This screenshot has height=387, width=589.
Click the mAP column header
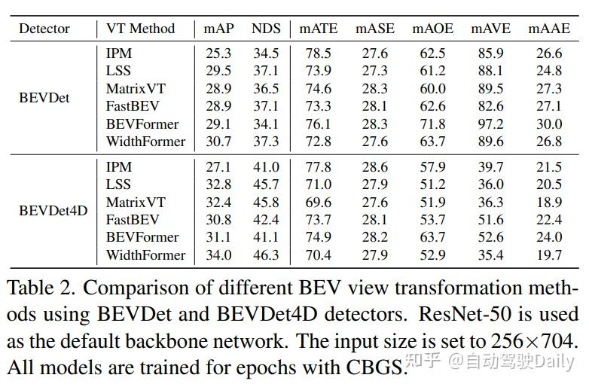coord(219,29)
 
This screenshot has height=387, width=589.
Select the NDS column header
coord(266,29)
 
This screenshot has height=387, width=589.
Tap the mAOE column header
coord(433,29)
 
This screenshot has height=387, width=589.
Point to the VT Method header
coord(140,29)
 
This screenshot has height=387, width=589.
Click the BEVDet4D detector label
coord(53,211)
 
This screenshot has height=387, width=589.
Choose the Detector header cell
coord(44,29)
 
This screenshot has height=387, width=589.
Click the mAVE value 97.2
coord(491,123)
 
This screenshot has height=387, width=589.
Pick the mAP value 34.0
coord(219,254)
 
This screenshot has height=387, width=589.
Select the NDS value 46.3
coord(266,254)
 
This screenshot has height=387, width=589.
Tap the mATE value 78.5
coord(316,53)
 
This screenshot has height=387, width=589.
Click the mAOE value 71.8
coord(433,123)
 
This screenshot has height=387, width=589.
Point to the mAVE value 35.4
coord(491,254)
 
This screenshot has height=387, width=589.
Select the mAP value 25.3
coord(219,53)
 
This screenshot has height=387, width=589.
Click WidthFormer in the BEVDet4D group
coord(145,254)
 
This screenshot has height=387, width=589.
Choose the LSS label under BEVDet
coord(118,71)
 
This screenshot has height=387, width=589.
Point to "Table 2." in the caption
coord(38,288)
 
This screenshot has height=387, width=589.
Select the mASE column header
coord(374,29)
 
